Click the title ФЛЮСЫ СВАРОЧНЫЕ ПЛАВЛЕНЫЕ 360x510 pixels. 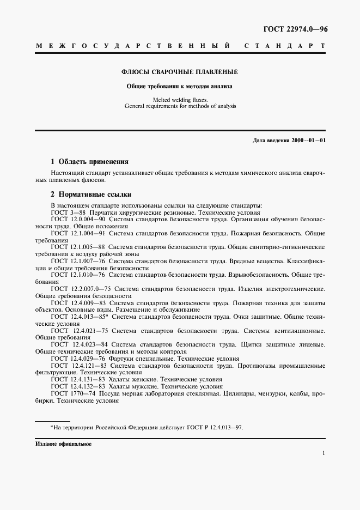179,72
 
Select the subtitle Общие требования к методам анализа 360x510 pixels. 179,86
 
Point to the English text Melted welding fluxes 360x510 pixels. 179,100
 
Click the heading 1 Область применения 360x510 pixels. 89,161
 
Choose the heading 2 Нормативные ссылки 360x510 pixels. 90,194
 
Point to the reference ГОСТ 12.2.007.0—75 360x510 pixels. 81,289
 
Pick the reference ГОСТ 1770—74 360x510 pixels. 72,394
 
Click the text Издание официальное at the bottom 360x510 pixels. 63,444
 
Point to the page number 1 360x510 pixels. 324,453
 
